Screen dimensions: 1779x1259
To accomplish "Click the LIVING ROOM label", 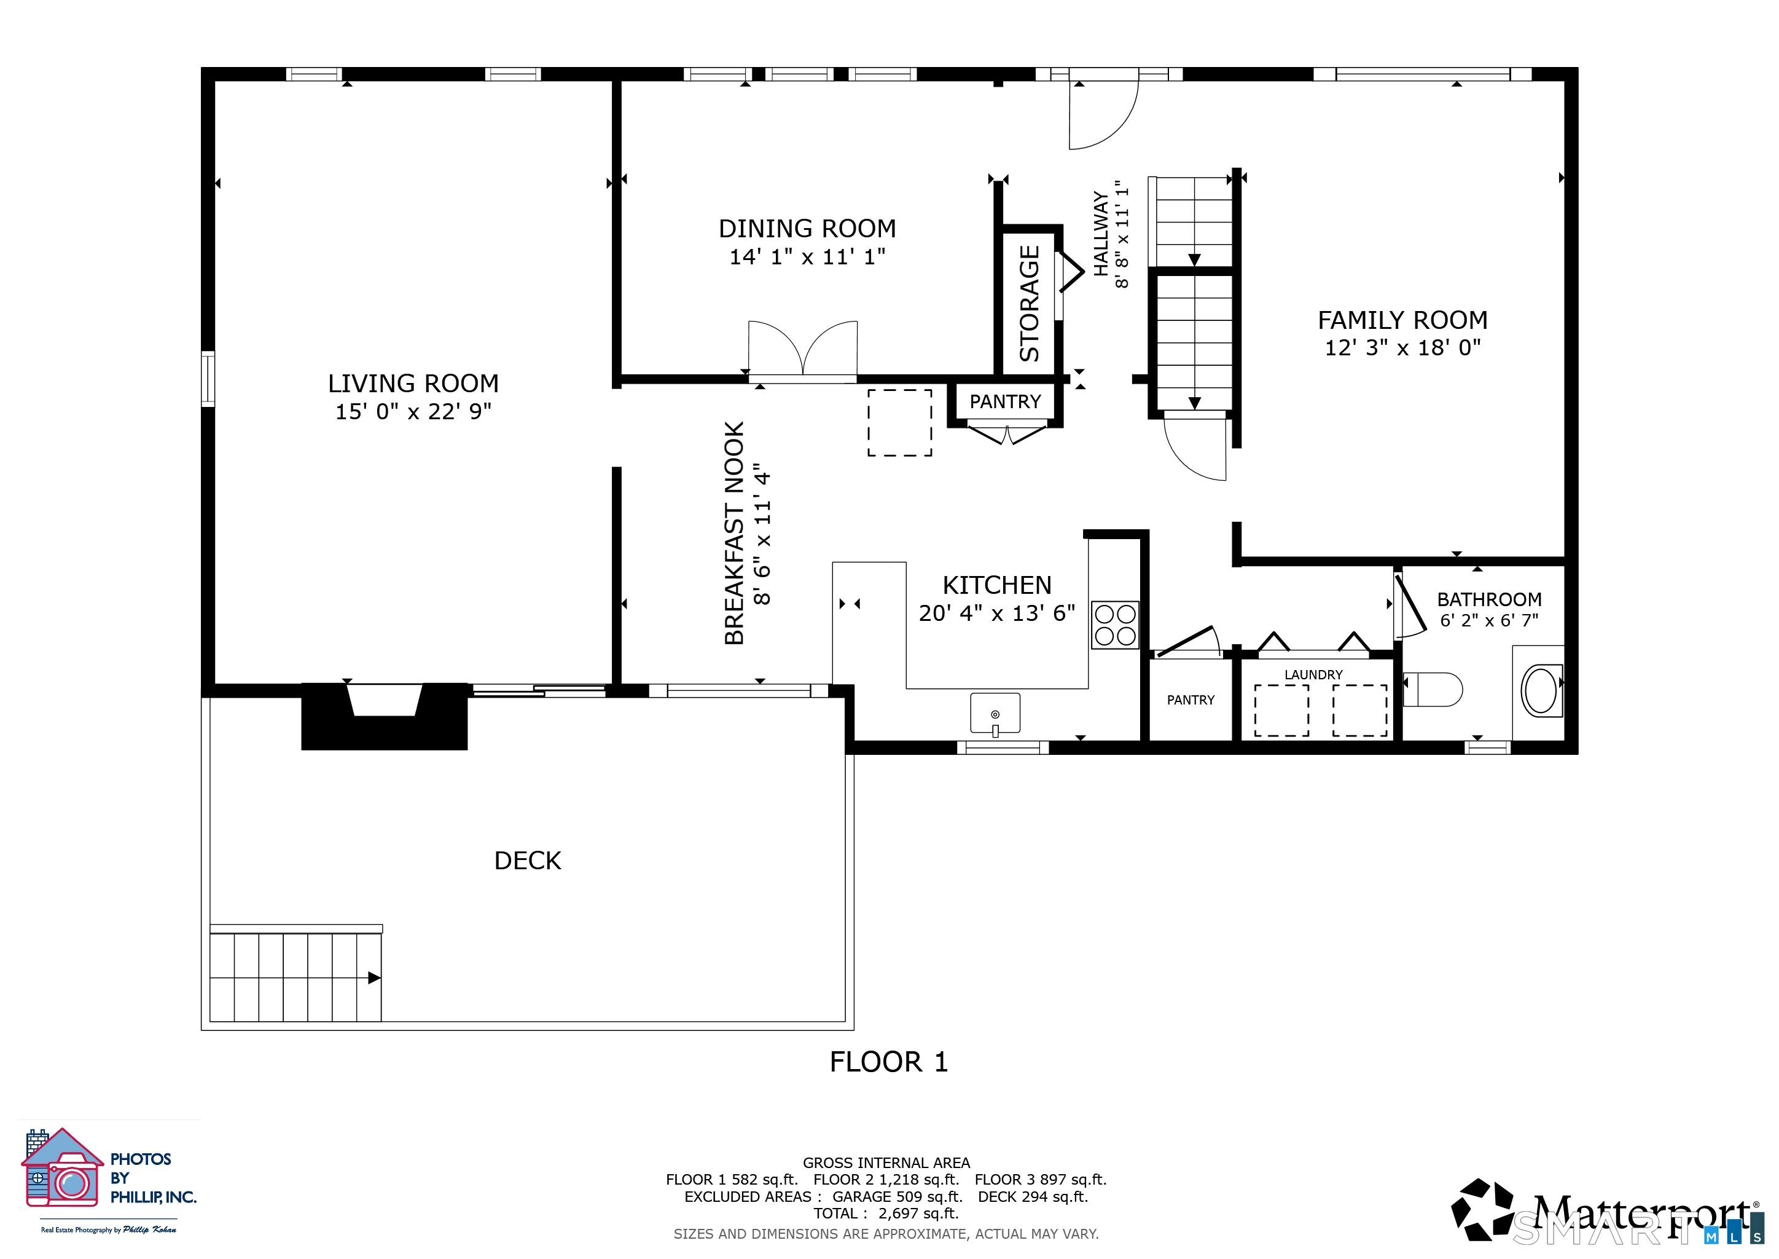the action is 413,383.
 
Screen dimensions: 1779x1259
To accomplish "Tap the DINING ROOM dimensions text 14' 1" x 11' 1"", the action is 807,256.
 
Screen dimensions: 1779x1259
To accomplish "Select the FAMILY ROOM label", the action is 1402,320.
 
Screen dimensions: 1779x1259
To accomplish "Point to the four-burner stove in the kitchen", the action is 1115,625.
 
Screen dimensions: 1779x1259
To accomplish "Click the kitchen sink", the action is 995,713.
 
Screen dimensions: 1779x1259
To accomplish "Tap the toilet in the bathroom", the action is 1433,690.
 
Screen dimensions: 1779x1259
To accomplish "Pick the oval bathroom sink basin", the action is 1542,691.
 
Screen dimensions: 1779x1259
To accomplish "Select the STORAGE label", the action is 1029,303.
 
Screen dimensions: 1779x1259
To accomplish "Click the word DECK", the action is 528,861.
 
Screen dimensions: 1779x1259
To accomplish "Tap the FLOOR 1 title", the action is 889,1061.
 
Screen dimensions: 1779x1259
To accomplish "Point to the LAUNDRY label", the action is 1313,674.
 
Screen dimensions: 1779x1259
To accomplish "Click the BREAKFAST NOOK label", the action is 733,534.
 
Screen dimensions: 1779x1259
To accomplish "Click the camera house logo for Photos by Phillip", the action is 62,1167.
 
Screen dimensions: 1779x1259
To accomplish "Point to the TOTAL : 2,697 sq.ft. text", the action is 886,1214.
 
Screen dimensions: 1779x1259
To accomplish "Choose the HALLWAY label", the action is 1101,234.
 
